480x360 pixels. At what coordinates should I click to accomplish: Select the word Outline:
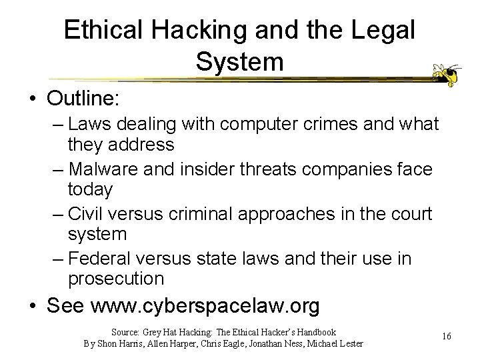[x=83, y=99]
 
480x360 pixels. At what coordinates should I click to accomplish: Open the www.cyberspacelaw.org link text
[x=205, y=306]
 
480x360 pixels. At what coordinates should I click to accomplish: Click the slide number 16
[x=446, y=337]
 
